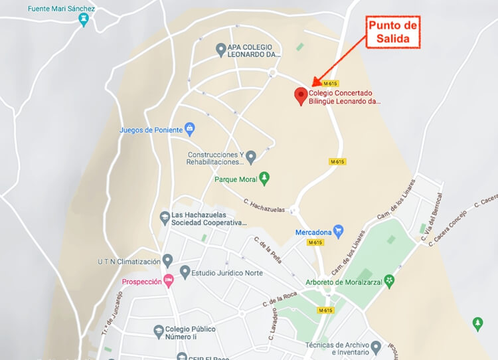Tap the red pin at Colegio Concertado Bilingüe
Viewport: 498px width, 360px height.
[x=301, y=96]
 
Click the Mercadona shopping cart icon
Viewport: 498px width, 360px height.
[x=338, y=232]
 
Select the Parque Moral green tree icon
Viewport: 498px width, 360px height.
[x=264, y=179]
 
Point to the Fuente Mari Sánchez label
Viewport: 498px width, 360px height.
[x=62, y=9]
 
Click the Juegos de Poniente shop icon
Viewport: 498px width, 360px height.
[x=189, y=129]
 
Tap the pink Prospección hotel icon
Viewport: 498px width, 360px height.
[x=169, y=282]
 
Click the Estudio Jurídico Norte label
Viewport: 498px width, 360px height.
[x=227, y=273]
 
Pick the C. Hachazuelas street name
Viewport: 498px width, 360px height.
[x=264, y=205]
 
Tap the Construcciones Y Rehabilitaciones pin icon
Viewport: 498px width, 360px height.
[x=250, y=157]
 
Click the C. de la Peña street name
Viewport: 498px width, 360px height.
[x=268, y=250]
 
